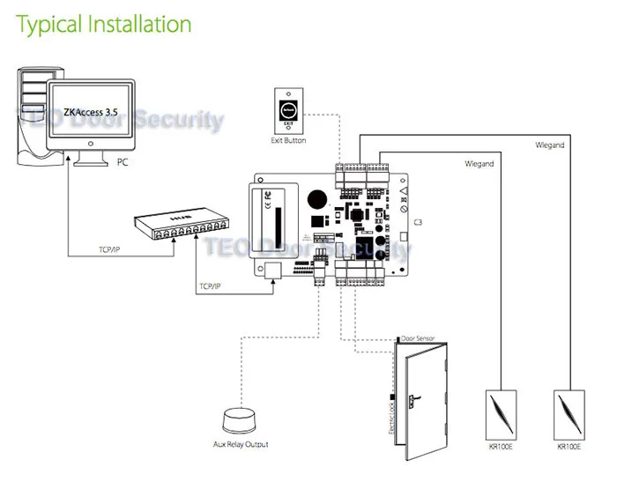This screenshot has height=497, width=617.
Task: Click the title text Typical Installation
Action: point(104,24)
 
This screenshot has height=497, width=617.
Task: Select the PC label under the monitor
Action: point(123,163)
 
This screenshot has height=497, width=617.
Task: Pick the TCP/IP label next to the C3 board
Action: point(211,286)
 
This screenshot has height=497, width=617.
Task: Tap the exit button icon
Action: point(289,109)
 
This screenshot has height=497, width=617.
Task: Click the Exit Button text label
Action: point(288,141)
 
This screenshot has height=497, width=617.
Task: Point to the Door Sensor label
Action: point(418,338)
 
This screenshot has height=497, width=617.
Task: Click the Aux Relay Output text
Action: point(241,445)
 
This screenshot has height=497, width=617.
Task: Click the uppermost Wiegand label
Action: point(549,145)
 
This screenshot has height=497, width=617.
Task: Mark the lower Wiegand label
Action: point(479,164)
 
